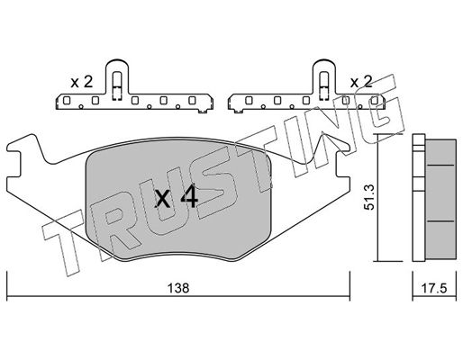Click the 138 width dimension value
[x=178, y=288]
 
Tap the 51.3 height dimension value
[x=368, y=197]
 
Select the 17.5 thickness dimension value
[x=434, y=289]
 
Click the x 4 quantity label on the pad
[x=176, y=197]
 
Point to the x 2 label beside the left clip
[x=82, y=82]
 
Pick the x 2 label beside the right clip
[x=361, y=81]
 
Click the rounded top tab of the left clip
[x=117, y=65]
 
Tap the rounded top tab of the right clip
[x=324, y=65]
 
